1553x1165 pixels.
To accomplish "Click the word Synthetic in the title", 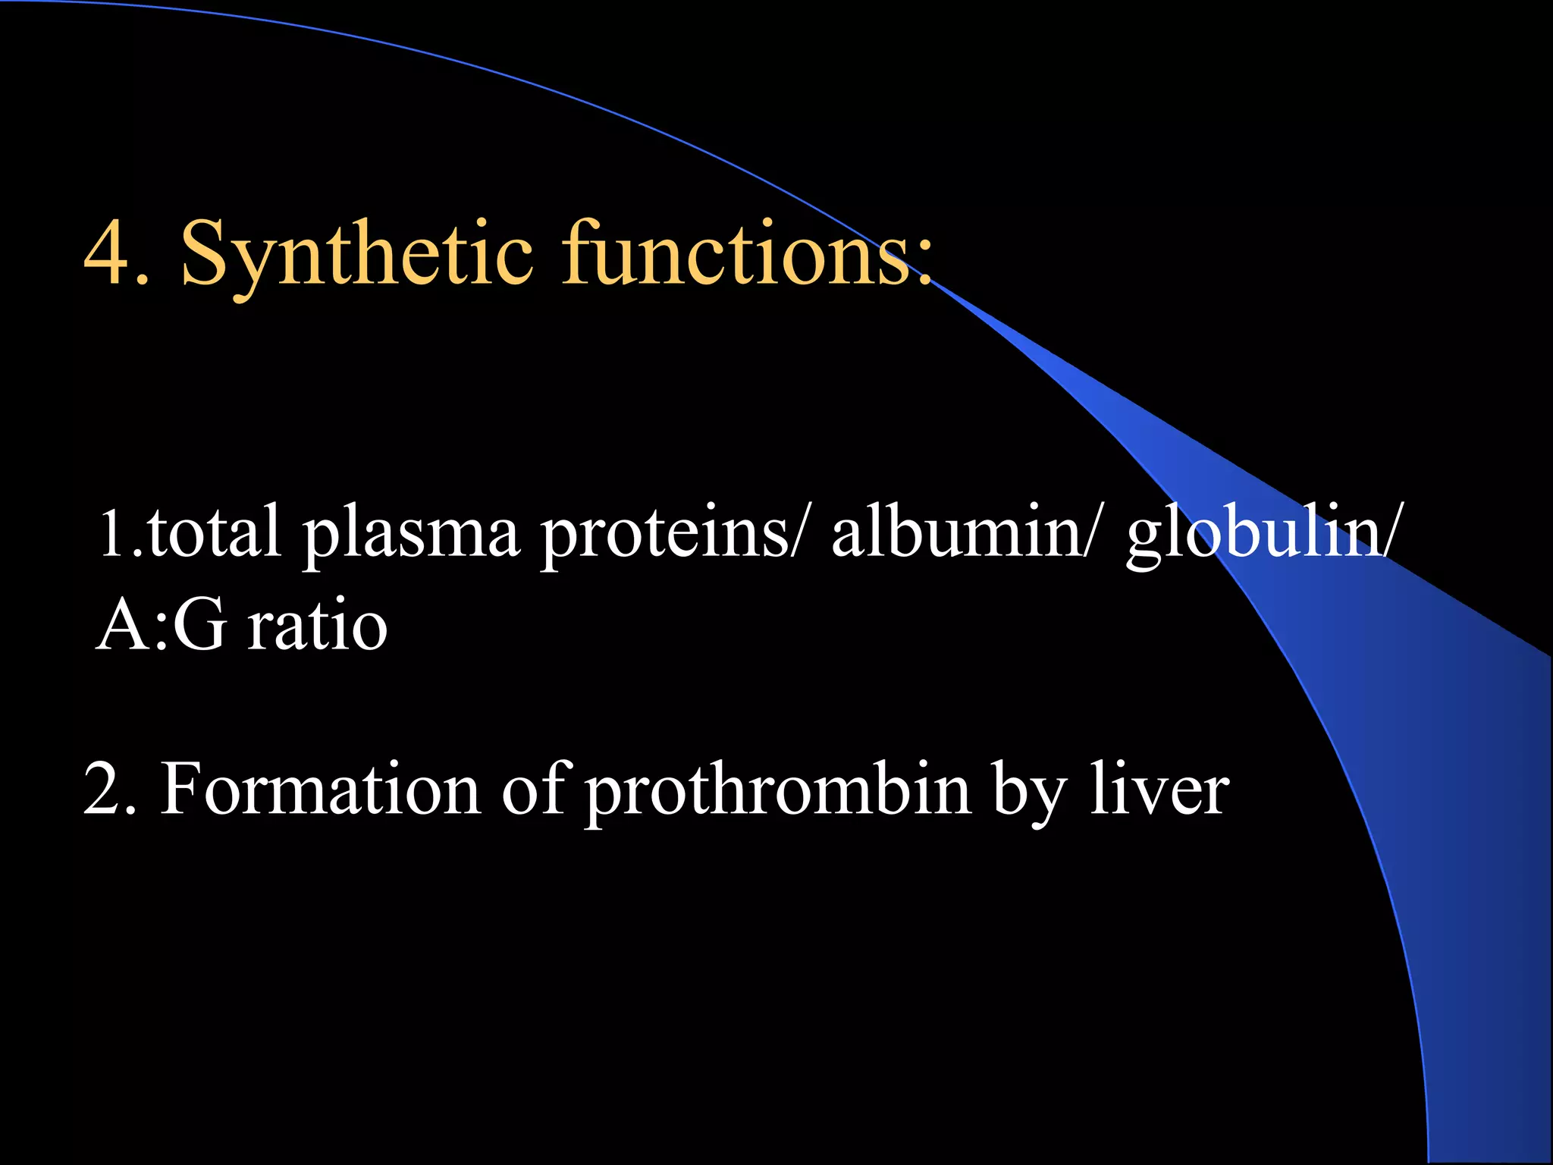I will (x=356, y=254).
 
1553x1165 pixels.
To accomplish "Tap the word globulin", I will (x=1251, y=535).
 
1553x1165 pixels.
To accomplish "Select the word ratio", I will (x=318, y=626).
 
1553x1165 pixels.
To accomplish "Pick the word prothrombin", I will (x=777, y=793).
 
